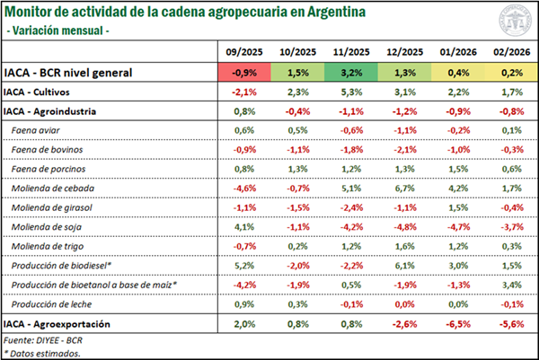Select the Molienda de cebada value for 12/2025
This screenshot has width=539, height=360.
402,189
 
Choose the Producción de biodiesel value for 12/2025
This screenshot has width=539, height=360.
402,267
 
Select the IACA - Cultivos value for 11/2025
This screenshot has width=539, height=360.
350,92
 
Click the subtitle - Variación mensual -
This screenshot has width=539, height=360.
58,31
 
